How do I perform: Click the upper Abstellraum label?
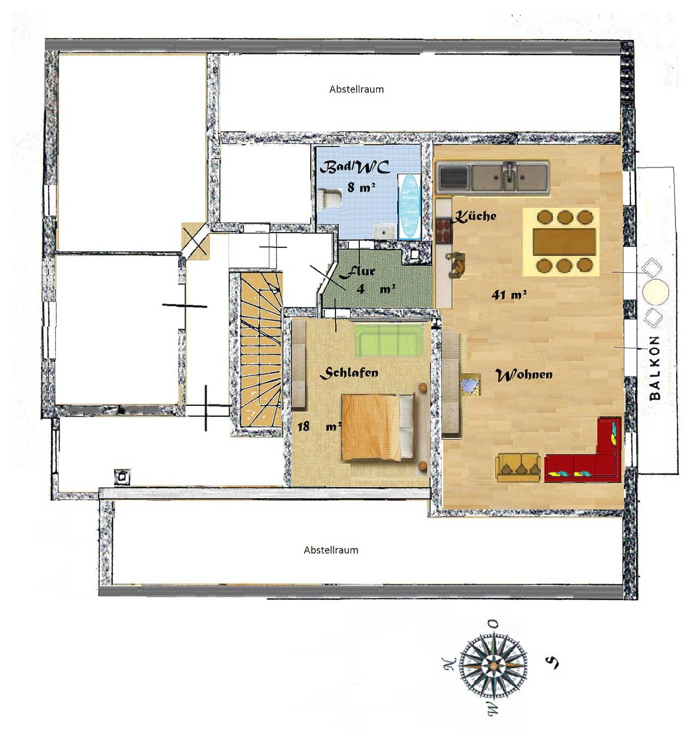(356, 89)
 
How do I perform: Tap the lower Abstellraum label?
(331, 550)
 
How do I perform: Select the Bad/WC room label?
(354, 167)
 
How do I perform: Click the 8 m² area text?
(361, 187)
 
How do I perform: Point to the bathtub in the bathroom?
(409, 207)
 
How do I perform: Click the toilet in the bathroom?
(328, 198)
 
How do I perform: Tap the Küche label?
(475, 216)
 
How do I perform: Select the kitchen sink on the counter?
(509, 175)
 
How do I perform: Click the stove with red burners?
(444, 230)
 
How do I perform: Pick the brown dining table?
(564, 241)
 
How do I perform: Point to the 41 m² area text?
(509, 295)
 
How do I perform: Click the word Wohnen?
(523, 375)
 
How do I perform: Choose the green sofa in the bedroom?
(389, 340)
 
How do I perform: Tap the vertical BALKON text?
(655, 368)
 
